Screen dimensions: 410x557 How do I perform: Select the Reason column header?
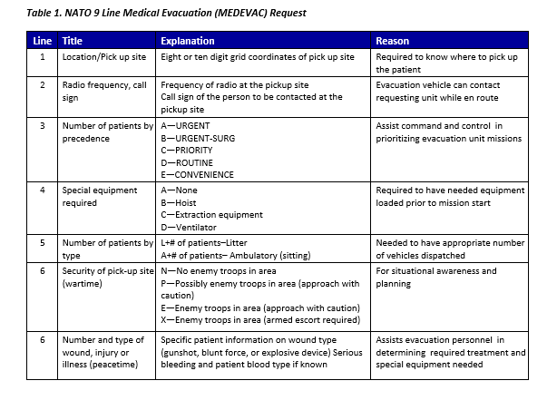pos(392,42)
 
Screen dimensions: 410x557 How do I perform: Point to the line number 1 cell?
pos(42,56)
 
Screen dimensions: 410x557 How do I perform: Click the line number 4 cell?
pos(42,190)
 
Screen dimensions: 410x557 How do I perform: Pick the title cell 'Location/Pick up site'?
pos(103,56)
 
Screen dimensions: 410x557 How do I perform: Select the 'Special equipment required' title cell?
pos(100,197)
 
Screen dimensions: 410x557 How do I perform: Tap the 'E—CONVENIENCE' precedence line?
pos(197,174)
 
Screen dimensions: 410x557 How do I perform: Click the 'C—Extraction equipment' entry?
pos(213,214)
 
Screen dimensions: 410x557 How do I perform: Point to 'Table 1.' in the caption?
pos(44,14)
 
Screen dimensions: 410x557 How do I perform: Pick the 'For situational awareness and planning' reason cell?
pos(436,277)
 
